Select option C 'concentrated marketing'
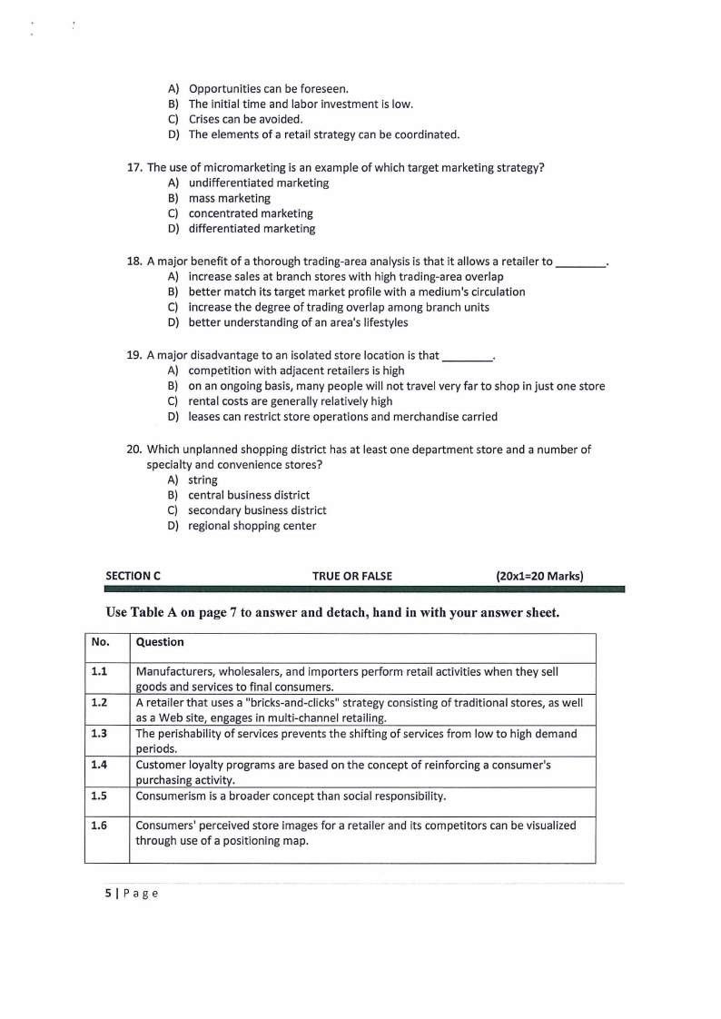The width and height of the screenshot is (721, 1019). tap(251, 213)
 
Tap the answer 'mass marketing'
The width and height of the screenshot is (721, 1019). tap(229, 198)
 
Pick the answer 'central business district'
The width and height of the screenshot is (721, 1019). tap(249, 495)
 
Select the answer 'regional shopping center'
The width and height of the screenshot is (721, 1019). tap(252, 526)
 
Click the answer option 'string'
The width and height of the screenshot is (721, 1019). tap(202, 480)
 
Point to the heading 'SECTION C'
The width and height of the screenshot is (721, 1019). tap(133, 576)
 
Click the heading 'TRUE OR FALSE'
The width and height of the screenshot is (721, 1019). tap(352, 576)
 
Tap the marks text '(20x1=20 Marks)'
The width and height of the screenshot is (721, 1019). tap(539, 576)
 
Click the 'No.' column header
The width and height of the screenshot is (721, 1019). tap(100, 642)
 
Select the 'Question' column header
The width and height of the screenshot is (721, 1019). tap(160, 642)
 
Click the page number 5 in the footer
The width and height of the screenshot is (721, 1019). tap(108, 893)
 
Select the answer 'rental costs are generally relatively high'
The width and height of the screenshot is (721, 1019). tap(290, 401)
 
